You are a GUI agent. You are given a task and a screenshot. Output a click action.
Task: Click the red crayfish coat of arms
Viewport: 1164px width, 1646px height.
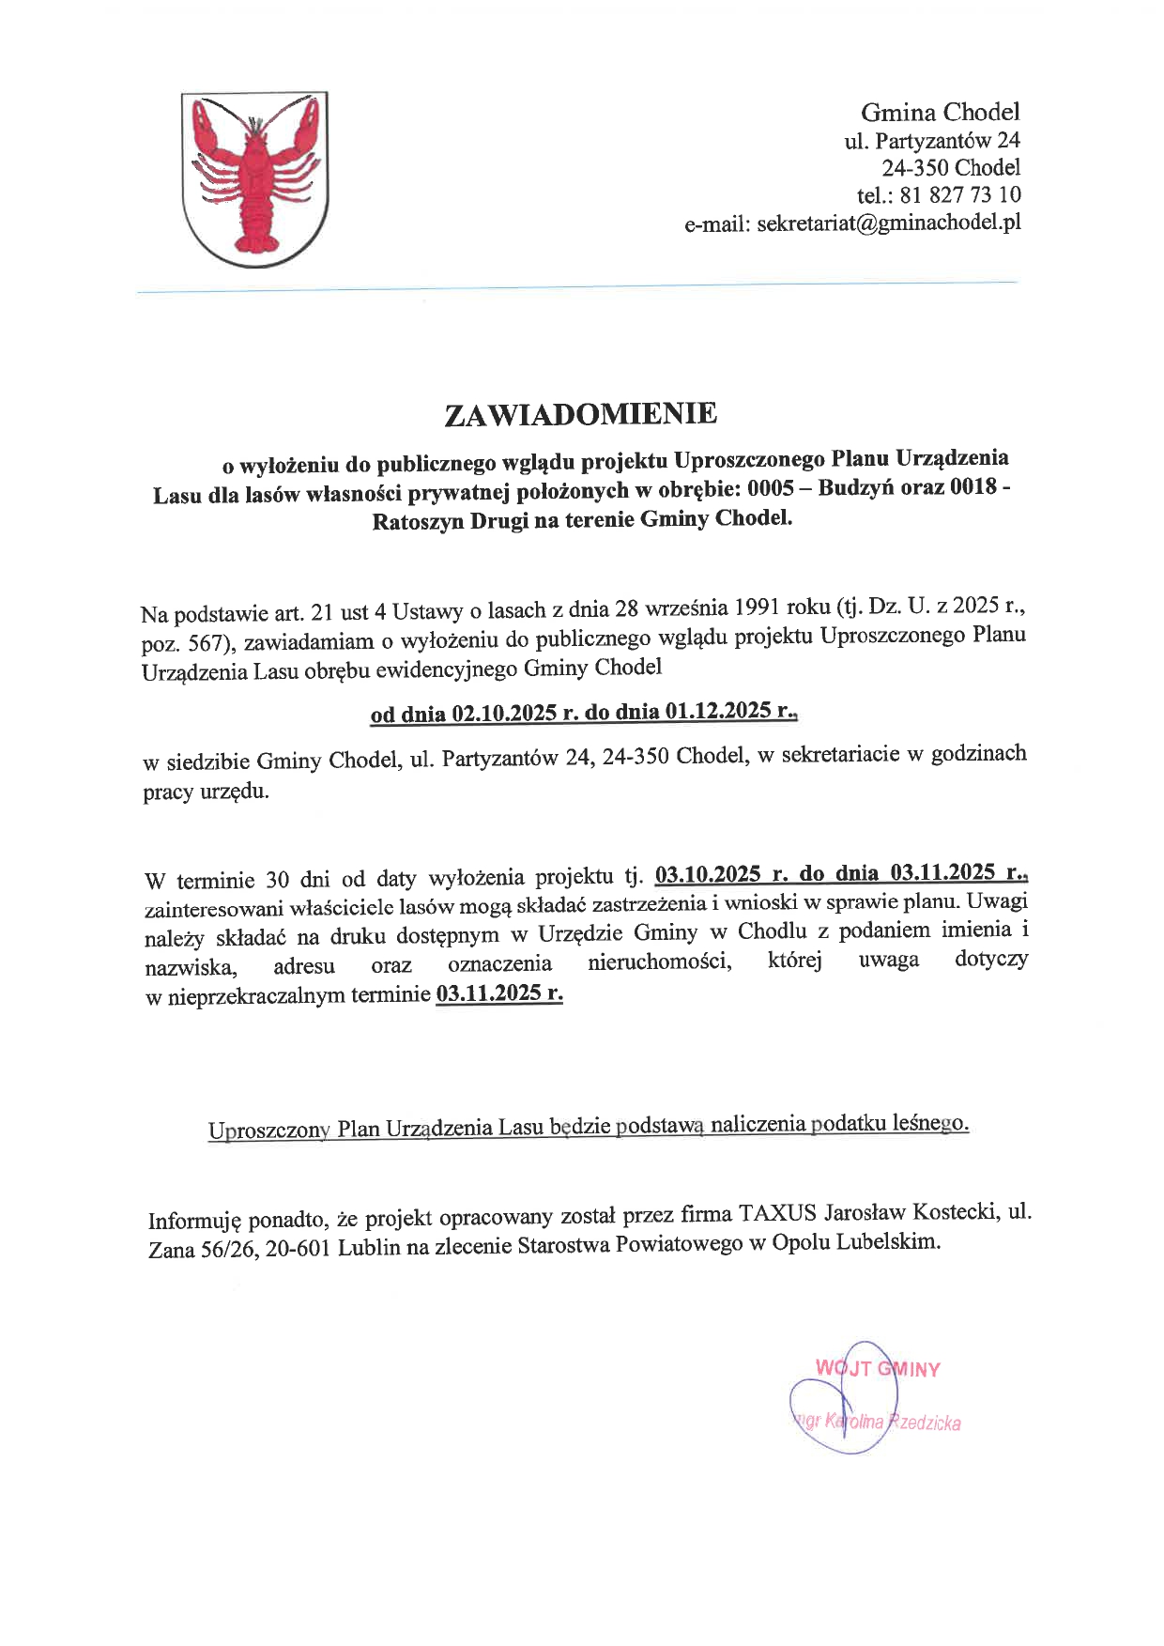click(254, 178)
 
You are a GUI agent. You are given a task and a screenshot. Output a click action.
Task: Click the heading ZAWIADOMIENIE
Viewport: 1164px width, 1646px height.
click(580, 414)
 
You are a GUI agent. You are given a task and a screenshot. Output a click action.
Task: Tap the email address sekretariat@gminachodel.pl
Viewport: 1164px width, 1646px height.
click(888, 223)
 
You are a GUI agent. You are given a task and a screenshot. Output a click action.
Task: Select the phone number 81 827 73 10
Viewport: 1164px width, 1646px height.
click(959, 195)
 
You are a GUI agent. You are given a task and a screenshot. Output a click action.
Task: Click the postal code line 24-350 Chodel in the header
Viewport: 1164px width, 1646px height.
click(950, 168)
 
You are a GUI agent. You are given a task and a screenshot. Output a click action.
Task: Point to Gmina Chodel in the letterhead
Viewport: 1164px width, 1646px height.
click(940, 113)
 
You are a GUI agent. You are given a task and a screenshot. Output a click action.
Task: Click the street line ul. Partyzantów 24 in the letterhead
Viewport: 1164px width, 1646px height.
click(931, 141)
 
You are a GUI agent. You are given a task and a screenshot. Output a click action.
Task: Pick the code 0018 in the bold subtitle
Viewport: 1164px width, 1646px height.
click(973, 486)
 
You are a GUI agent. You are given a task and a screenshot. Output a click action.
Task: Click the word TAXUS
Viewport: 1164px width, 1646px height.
click(776, 1213)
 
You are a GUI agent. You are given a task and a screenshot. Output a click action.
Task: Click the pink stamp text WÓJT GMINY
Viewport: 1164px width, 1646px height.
click(878, 1369)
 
